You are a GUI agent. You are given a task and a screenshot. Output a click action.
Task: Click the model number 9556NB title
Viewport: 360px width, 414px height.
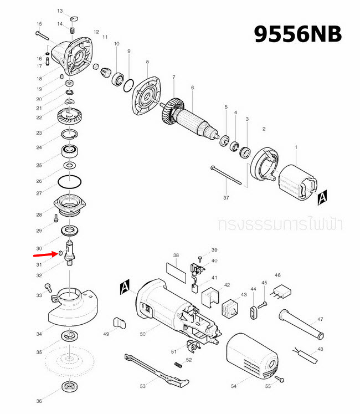297,34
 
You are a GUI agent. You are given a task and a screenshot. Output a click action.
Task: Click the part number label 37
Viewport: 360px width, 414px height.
225,197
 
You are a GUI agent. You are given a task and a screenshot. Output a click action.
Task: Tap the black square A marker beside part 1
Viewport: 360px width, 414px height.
323,196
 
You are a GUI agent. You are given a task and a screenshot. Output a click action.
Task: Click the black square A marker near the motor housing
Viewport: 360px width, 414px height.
125,287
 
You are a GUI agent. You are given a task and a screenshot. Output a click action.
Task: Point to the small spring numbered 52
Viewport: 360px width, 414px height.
178,364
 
